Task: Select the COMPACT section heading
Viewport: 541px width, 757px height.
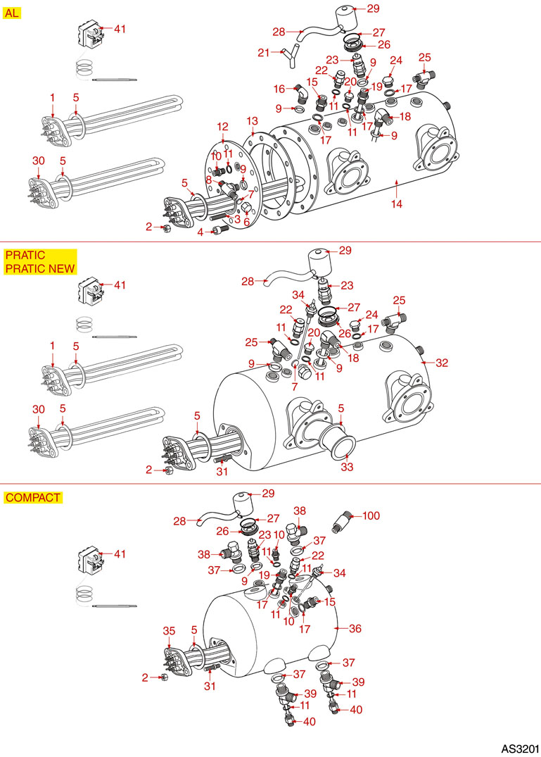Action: click(x=33, y=497)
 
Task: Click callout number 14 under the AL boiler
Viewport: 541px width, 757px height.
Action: click(x=397, y=204)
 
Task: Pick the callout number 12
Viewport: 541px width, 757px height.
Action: click(x=223, y=127)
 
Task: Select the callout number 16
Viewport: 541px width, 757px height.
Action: click(x=279, y=89)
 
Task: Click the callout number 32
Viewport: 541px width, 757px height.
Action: click(x=442, y=363)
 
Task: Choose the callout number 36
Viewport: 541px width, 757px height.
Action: click(x=355, y=628)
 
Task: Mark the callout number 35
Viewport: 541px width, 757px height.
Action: click(x=169, y=630)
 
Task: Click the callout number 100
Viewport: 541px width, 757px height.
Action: click(x=371, y=516)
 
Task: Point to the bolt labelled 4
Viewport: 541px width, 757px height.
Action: click(x=217, y=230)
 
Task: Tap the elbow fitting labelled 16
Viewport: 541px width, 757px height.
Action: click(x=300, y=92)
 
